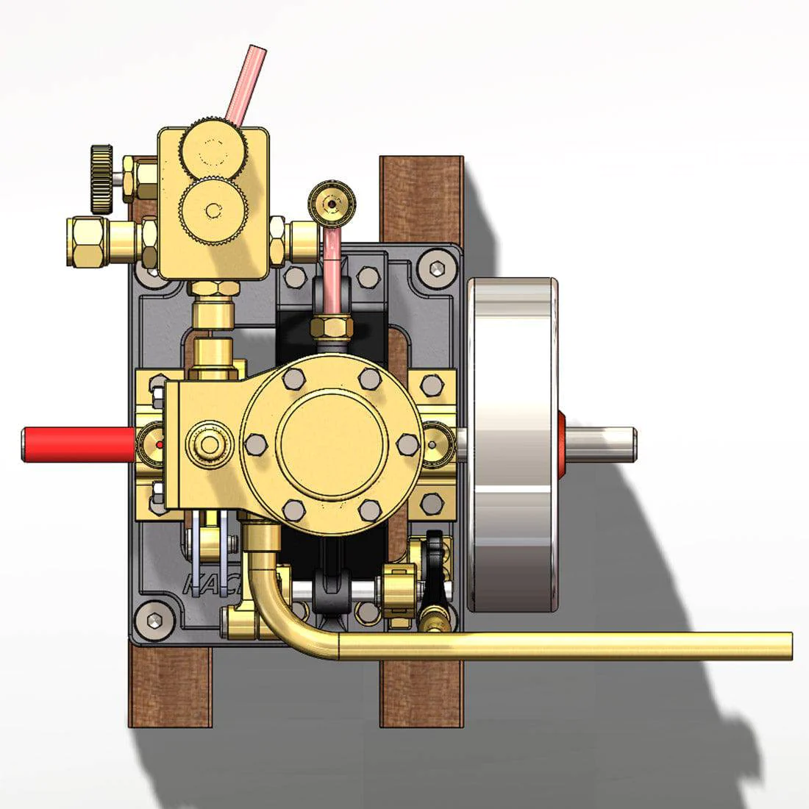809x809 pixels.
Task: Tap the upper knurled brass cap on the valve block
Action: (x=214, y=149)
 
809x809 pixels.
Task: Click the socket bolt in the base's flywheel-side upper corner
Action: (x=438, y=269)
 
